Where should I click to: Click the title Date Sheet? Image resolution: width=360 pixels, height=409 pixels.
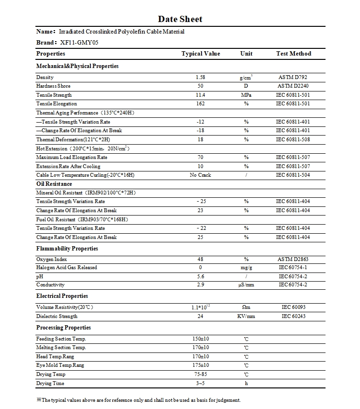point(180,19)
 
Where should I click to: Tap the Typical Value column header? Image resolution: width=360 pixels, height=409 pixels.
point(201,54)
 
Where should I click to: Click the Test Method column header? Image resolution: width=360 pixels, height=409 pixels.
point(293,54)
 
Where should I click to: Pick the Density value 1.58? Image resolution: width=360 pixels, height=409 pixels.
point(201,77)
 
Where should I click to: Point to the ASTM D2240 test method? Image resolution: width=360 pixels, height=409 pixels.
point(293,86)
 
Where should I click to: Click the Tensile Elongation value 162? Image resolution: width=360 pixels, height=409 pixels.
point(201,104)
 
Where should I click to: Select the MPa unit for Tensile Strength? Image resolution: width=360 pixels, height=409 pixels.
point(246,95)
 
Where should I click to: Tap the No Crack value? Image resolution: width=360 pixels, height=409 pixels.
point(201,175)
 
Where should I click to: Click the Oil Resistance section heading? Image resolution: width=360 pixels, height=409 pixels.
point(54,184)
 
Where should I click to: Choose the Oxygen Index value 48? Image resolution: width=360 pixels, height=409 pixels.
point(201,259)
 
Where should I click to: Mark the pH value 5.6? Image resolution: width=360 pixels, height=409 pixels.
point(201,277)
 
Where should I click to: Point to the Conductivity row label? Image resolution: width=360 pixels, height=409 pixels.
point(50,285)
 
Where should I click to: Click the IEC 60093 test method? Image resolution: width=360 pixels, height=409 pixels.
point(293,307)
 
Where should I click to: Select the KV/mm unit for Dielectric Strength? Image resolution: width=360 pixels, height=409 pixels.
point(246,316)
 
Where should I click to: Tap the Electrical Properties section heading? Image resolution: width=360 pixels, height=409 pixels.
point(62,296)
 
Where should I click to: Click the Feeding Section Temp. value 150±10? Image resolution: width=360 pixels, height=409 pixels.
point(201,339)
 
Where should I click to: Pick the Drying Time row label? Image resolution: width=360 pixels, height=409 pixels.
point(50,383)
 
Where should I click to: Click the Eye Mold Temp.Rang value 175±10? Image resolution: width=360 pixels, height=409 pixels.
point(201,365)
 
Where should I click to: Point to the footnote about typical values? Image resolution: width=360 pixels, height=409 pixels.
point(138,400)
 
